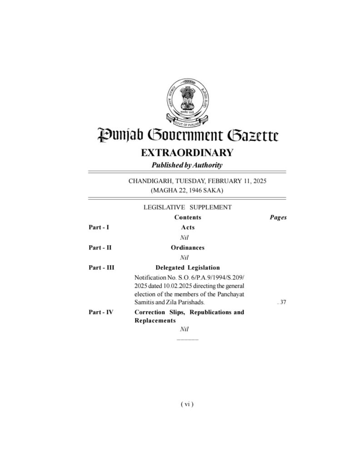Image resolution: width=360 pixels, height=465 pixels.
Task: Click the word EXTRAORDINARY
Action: tap(187, 153)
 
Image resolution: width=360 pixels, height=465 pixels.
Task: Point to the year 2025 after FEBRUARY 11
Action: tap(258, 181)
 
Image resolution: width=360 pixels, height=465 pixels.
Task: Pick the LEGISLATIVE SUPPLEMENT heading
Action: tap(187, 207)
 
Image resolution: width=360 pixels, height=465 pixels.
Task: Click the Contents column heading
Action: tap(188, 218)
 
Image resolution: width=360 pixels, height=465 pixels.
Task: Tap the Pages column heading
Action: tap(278, 218)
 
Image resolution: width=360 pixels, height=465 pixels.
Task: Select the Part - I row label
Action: tap(99, 227)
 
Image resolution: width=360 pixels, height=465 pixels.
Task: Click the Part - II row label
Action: tap(100, 247)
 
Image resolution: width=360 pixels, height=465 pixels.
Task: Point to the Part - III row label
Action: tap(101, 267)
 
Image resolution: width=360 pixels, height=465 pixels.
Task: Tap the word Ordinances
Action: tap(188, 247)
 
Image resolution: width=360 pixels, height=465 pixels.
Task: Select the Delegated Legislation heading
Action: tap(188, 267)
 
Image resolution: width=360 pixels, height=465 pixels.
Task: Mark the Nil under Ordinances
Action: tap(184, 257)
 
